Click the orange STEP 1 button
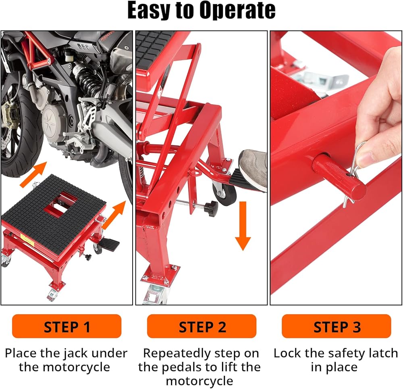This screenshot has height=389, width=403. point(66,326)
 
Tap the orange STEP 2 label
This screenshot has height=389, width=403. point(202,326)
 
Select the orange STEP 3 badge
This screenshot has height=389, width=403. point(337,326)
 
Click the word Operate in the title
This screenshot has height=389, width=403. point(237,10)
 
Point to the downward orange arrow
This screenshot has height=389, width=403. point(243,226)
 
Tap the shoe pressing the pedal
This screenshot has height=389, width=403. point(253,170)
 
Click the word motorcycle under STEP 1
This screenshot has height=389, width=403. point(76,367)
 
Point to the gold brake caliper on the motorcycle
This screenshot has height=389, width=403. point(9,116)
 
